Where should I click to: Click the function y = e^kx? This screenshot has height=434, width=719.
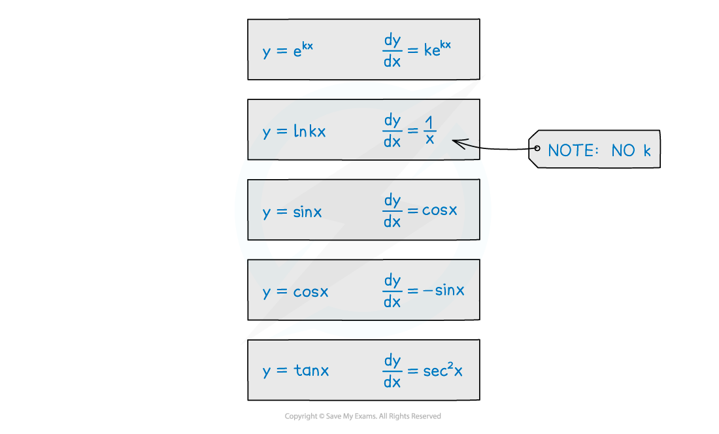[x=288, y=50]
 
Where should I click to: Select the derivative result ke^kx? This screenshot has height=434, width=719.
[x=437, y=49]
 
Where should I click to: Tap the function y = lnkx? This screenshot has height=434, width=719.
[x=294, y=131]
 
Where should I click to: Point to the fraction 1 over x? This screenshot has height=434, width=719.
[x=429, y=131]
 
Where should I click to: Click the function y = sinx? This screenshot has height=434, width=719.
[x=292, y=212]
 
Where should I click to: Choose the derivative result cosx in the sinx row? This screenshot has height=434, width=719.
[x=440, y=210]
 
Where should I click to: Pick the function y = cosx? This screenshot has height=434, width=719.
[x=295, y=292]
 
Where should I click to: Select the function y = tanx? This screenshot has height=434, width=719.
[x=296, y=371]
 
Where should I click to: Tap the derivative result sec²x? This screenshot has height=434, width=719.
[x=443, y=371]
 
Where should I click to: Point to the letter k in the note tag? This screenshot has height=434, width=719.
[x=647, y=150]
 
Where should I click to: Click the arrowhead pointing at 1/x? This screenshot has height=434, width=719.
[x=456, y=142]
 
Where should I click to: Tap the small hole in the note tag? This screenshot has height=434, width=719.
[x=537, y=148]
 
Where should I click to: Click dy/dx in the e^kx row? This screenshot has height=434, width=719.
[x=392, y=50]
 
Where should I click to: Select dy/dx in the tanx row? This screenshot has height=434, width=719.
[x=392, y=371]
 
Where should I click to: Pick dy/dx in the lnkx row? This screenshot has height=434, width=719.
[x=392, y=131]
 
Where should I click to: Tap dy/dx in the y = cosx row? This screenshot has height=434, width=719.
[x=392, y=291]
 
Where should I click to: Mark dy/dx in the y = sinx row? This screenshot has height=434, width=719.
[x=392, y=211]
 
